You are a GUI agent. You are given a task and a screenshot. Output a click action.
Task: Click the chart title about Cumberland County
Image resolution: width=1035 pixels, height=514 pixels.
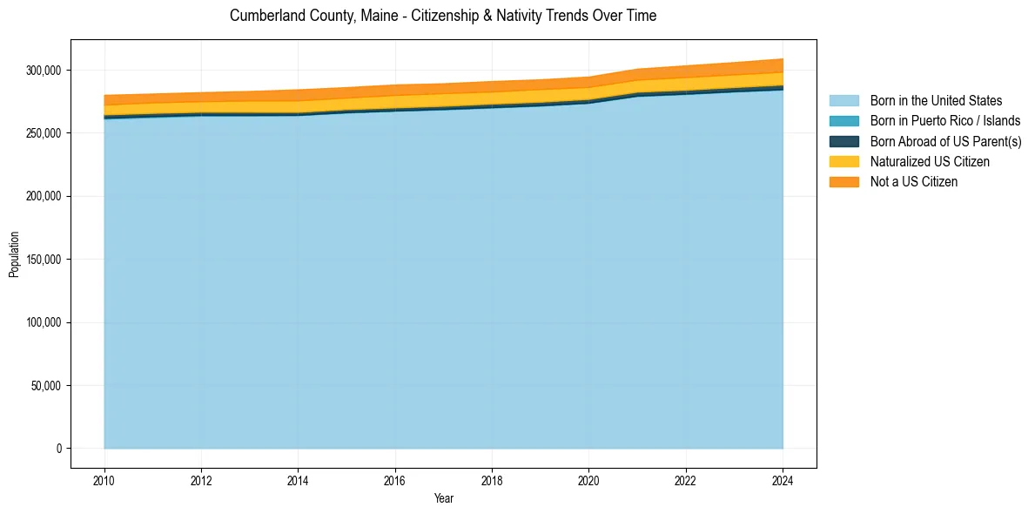[x=443, y=16]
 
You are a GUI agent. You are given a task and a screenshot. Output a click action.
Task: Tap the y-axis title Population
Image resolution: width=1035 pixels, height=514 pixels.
[x=14, y=254]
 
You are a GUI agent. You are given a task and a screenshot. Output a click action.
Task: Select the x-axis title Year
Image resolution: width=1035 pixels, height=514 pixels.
[x=443, y=498]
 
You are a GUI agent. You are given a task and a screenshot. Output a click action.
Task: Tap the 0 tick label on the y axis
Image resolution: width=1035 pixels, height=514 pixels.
[x=59, y=449]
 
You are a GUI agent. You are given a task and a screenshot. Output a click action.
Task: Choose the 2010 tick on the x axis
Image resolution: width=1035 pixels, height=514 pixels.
[x=104, y=480]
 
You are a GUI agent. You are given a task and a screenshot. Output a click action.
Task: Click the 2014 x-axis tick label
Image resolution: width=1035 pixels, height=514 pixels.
[x=299, y=480]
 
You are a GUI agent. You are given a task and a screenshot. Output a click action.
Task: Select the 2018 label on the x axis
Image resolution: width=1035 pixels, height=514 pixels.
[x=492, y=480]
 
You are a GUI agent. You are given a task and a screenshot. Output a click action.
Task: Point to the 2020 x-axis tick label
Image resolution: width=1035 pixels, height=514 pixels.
[x=589, y=480]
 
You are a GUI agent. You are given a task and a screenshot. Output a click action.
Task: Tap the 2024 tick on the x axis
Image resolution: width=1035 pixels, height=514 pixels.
[x=783, y=480]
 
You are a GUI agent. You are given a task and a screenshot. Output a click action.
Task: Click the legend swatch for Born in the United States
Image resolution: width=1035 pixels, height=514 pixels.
[x=843, y=101]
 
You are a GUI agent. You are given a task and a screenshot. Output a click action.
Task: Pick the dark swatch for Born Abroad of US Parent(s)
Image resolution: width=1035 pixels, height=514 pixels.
[x=843, y=141]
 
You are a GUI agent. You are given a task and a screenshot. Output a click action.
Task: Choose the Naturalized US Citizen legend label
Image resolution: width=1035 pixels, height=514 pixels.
[x=929, y=161]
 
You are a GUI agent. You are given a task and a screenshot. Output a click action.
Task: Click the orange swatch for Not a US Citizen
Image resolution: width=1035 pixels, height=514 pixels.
[x=843, y=181]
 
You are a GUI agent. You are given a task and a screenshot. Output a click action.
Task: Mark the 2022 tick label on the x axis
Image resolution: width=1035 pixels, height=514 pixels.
[x=686, y=480]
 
